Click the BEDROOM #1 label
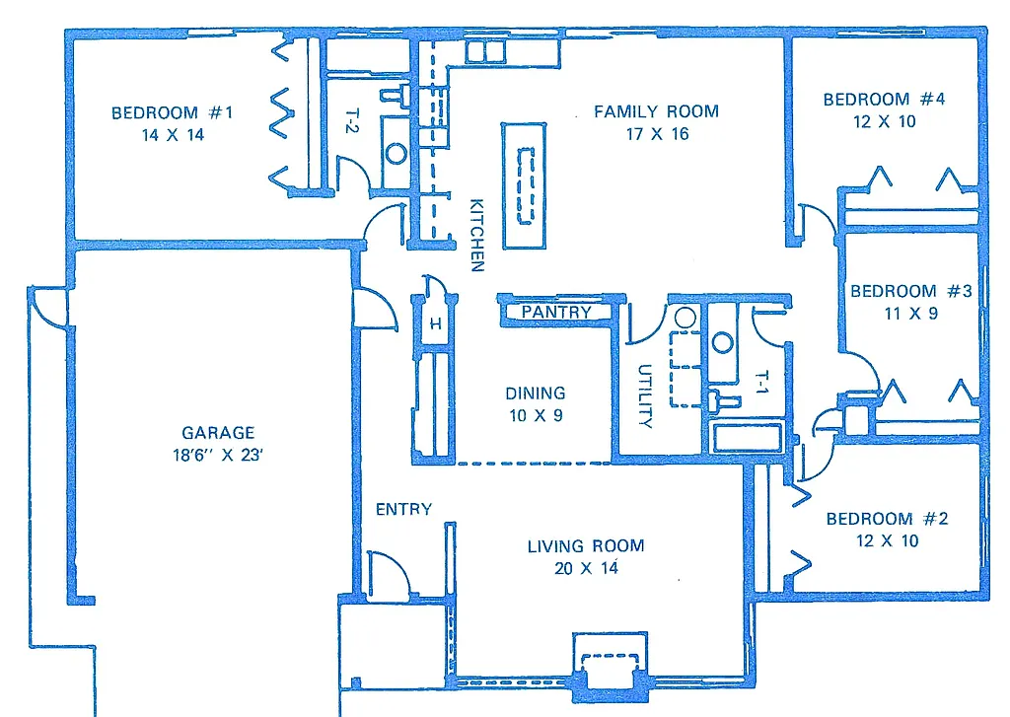[x=172, y=112]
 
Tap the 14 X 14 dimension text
[x=173, y=135]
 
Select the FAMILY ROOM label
[x=656, y=111]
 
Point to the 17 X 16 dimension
[x=657, y=134]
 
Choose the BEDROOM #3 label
[x=910, y=291]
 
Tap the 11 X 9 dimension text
[x=909, y=314]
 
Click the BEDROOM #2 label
[x=887, y=519]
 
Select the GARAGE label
[x=218, y=432]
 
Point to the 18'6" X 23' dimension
[x=218, y=455]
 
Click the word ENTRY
[x=403, y=509]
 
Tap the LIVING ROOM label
[x=585, y=545]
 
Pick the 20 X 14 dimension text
[x=586, y=568]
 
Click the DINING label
[x=536, y=393]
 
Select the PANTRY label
[x=556, y=312]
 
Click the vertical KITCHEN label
[x=476, y=236]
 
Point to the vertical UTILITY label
[x=645, y=396]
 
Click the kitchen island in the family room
[x=523, y=185]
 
